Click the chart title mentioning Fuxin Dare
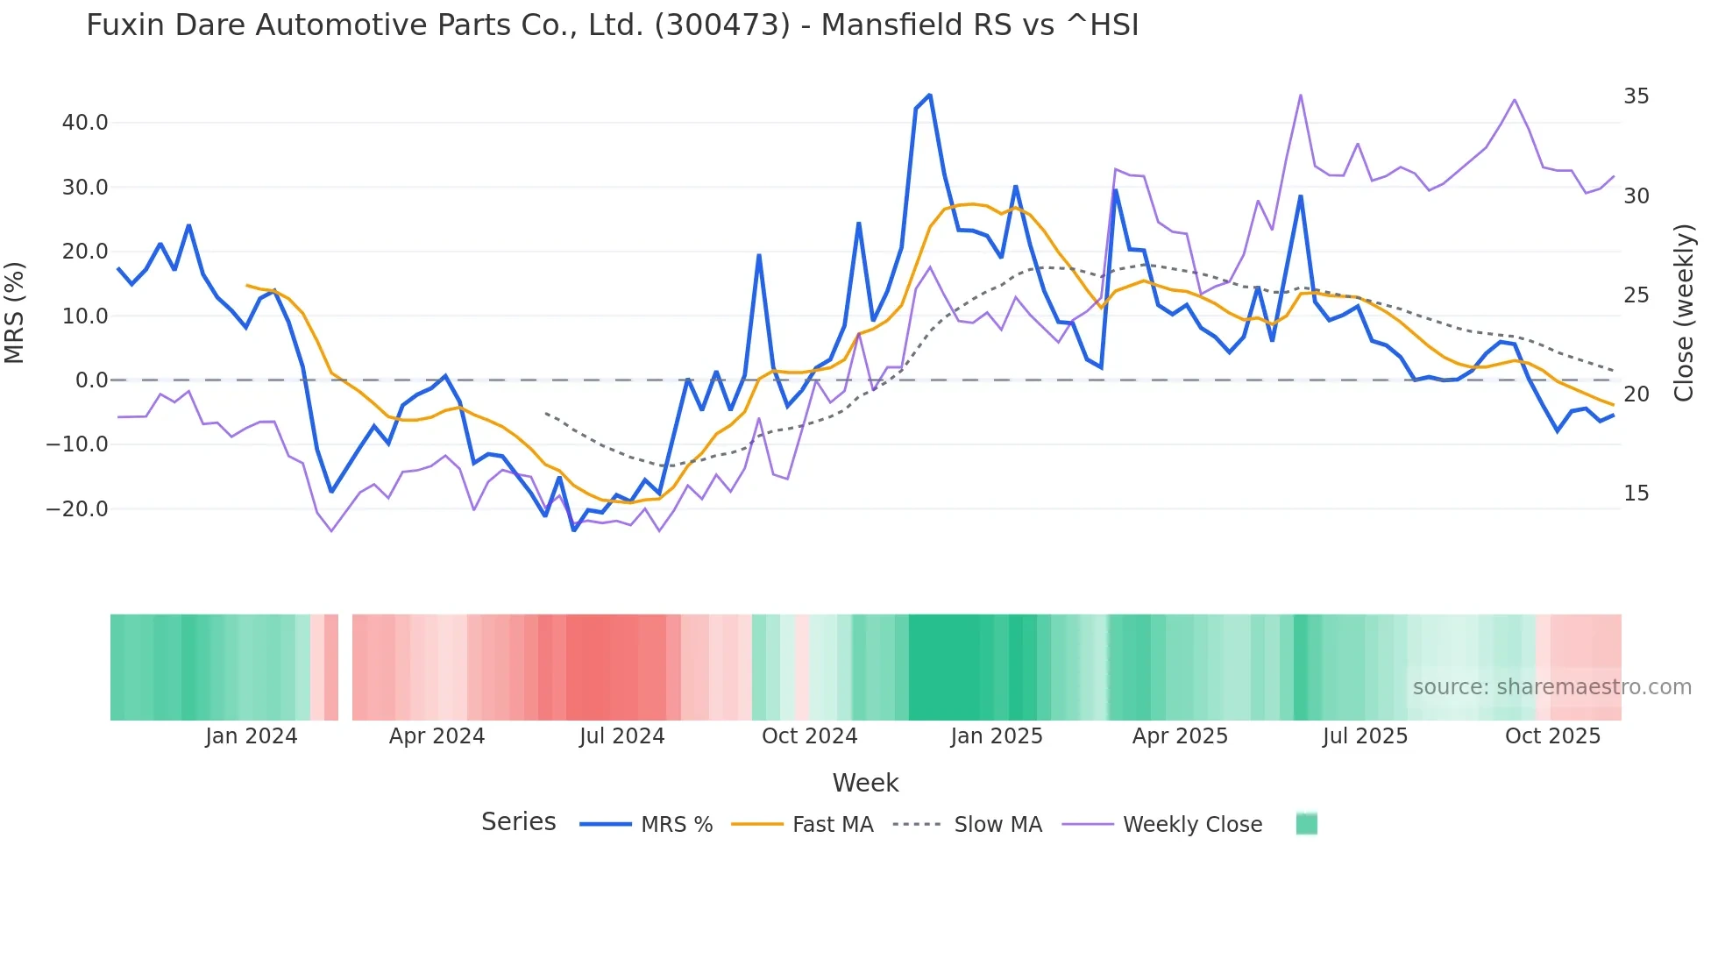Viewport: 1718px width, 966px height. pyautogui.click(x=612, y=25)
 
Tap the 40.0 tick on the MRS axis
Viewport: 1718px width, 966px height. pyautogui.click(x=85, y=123)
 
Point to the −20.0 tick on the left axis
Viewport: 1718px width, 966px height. pyautogui.click(x=77, y=509)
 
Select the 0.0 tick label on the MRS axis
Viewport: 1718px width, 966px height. pyautogui.click(x=91, y=380)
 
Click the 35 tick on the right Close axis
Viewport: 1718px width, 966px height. pyautogui.click(x=1636, y=96)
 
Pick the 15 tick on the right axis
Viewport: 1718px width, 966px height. pyautogui.click(x=1636, y=494)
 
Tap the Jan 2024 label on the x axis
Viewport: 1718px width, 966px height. pyautogui.click(x=252, y=736)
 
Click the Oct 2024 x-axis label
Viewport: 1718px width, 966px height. pyautogui.click(x=809, y=736)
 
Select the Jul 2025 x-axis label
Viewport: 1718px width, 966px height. pyautogui.click(x=1365, y=736)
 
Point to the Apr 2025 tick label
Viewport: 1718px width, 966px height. pyautogui.click(x=1180, y=736)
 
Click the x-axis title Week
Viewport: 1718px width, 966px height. pyautogui.click(x=865, y=783)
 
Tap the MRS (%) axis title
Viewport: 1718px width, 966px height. pyautogui.click(x=15, y=313)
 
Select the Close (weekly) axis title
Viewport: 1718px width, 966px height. pyautogui.click(x=1683, y=313)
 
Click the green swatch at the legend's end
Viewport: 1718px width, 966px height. pyautogui.click(x=1306, y=824)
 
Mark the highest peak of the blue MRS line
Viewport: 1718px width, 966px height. pyautogui.click(x=929, y=95)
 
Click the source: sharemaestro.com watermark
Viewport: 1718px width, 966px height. pyautogui.click(x=1551, y=687)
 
